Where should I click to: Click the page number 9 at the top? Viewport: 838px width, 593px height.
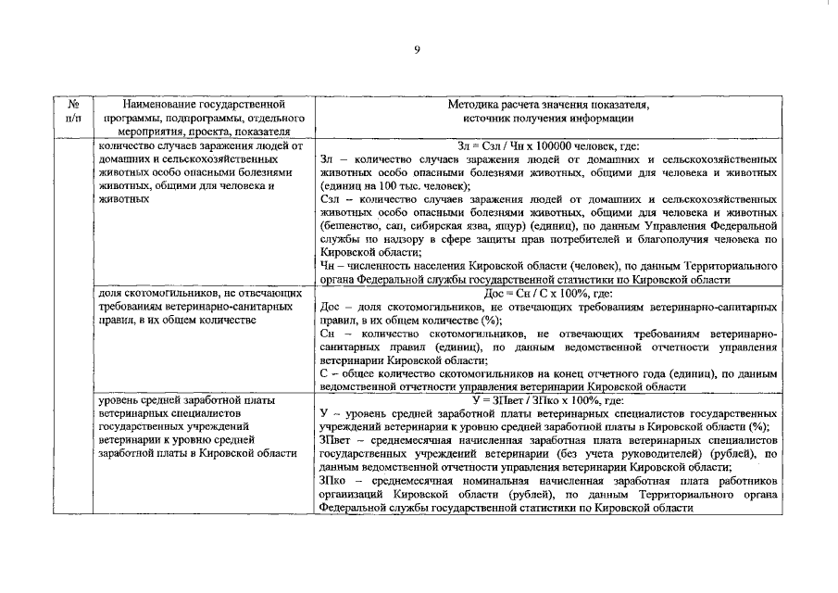(x=418, y=50)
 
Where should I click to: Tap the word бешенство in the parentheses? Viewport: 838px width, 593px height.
(x=347, y=225)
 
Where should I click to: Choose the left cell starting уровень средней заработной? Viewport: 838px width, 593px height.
(x=198, y=426)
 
